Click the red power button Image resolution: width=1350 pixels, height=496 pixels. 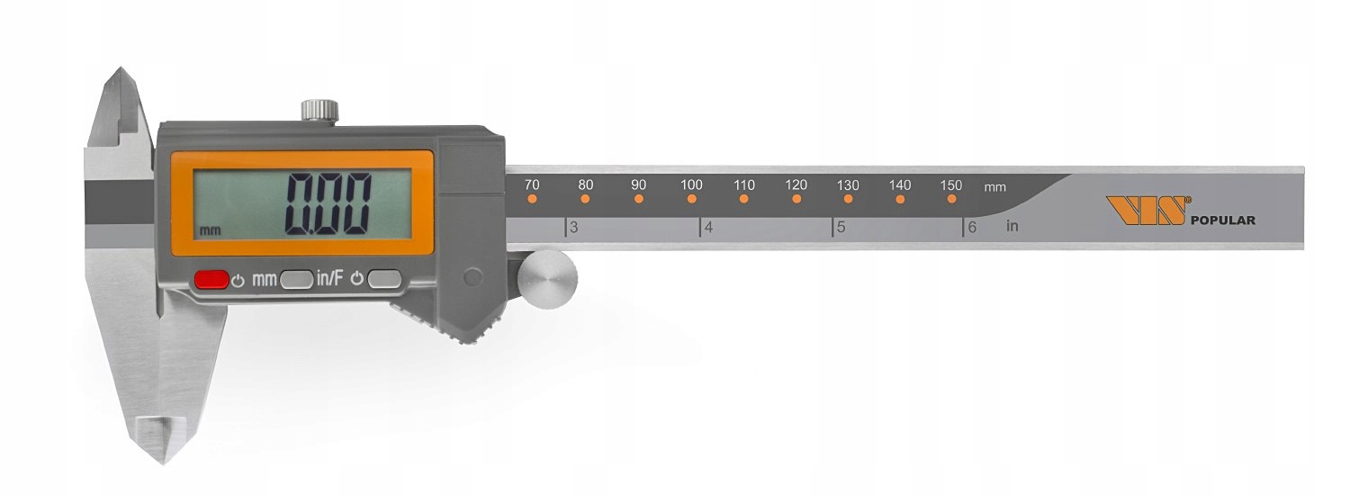[211, 280]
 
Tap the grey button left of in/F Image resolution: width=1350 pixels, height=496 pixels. [296, 280]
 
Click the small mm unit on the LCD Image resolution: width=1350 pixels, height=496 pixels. [210, 230]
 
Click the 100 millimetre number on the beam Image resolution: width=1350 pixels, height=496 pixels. [691, 185]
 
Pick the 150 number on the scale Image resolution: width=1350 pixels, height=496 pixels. [950, 185]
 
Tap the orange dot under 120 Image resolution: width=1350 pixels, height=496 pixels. [796, 199]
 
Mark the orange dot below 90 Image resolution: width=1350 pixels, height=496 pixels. [639, 199]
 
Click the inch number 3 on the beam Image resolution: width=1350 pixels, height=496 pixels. [574, 228]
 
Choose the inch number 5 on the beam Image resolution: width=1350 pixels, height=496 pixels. [841, 228]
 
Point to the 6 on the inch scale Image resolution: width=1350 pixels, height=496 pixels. [972, 228]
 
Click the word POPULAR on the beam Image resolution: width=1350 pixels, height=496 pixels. [1222, 221]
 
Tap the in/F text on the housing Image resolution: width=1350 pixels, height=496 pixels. [329, 279]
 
